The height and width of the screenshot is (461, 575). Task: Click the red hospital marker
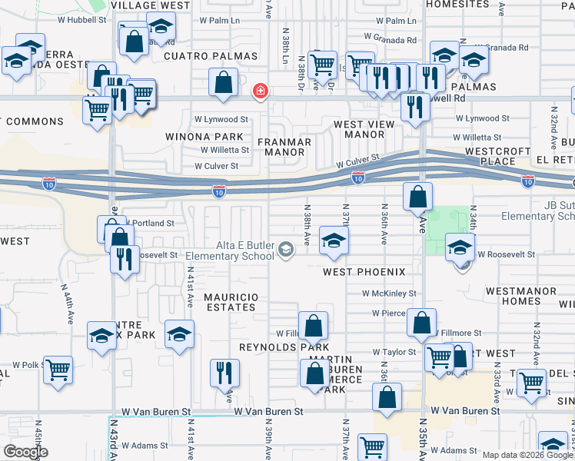pyautogui.click(x=261, y=91)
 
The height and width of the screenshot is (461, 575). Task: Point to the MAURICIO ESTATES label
pyautogui.click(x=229, y=302)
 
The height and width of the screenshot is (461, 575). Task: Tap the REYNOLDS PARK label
pyautogui.click(x=274, y=348)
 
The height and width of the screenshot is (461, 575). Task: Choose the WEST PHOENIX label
pyautogui.click(x=364, y=272)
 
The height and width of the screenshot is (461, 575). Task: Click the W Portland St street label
pyautogui.click(x=152, y=223)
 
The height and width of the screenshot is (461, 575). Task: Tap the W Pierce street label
pyautogui.click(x=389, y=313)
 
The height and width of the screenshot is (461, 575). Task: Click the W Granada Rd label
pyautogui.click(x=390, y=37)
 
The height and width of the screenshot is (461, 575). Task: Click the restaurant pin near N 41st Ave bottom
pyautogui.click(x=225, y=374)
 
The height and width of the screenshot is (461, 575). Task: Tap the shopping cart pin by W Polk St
pyautogui.click(x=58, y=371)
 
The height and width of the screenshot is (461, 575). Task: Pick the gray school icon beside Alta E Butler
pyautogui.click(x=286, y=249)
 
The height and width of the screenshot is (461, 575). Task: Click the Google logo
pyautogui.click(x=25, y=452)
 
